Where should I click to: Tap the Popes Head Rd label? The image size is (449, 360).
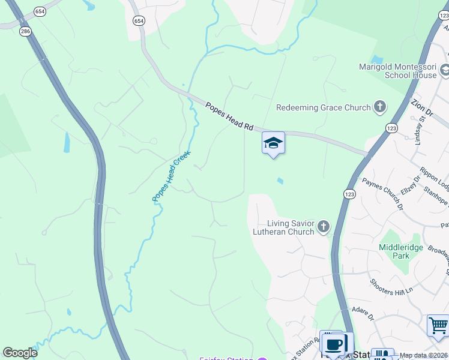[x=229, y=116]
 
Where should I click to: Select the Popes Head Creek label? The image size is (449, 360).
[x=170, y=175]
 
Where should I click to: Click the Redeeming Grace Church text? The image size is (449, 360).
[x=323, y=107]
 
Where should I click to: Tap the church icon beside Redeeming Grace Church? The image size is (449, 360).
[x=379, y=107]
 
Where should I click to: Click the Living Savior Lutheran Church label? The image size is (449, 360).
[x=291, y=227]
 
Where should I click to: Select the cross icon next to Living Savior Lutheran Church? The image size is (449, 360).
[x=324, y=227]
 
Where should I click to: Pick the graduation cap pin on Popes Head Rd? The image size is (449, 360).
[x=273, y=143]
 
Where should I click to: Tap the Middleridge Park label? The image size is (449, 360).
[x=402, y=251]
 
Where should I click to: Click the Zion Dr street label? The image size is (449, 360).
[x=423, y=107]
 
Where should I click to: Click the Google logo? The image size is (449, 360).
[x=20, y=353]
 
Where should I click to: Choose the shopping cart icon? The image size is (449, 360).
[x=438, y=326]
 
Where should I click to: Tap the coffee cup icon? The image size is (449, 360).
[x=334, y=344]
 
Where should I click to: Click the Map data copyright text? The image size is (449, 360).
[x=424, y=355]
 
